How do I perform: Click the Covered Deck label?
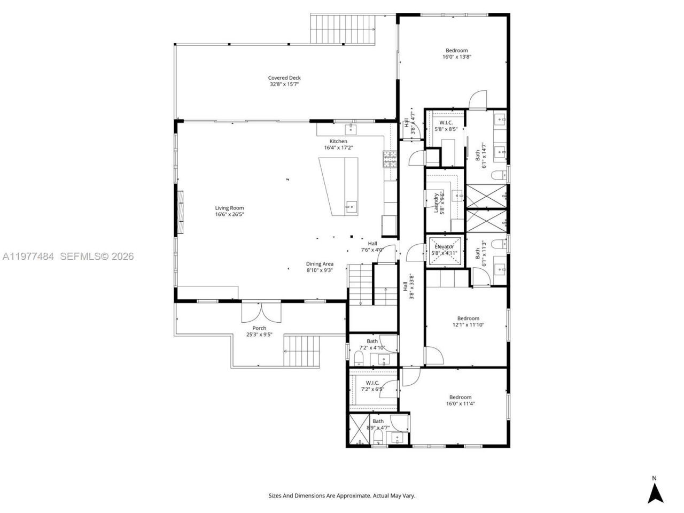pyautogui.click(x=284, y=81)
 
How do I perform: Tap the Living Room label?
pyautogui.click(x=229, y=211)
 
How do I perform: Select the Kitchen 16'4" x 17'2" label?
pyautogui.click(x=338, y=144)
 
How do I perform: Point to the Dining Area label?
pyautogui.click(x=320, y=267)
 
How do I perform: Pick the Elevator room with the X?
pyautogui.click(x=444, y=250)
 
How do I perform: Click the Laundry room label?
pyautogui.click(x=439, y=203)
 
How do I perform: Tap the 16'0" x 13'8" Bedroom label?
pyautogui.click(x=456, y=53)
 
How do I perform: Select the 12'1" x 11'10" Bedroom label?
pyautogui.click(x=468, y=321)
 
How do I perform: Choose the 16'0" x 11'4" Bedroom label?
pyautogui.click(x=460, y=400)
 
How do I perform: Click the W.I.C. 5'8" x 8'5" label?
pyautogui.click(x=446, y=126)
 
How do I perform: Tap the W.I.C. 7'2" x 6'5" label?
pyautogui.click(x=372, y=386)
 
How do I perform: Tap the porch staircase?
pyautogui.click(x=302, y=351)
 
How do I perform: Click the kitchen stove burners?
pyautogui.click(x=389, y=160)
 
